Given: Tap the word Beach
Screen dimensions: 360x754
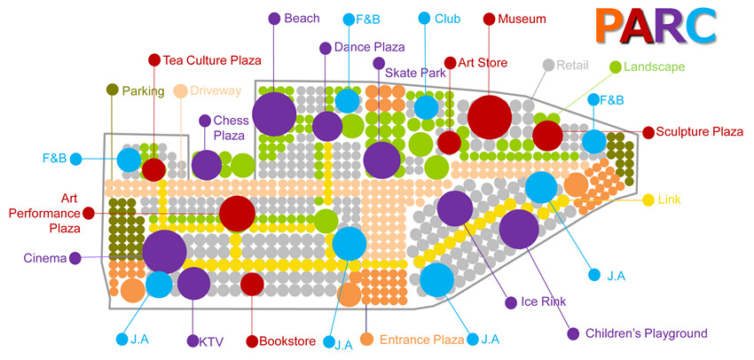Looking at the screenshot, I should click(302, 19).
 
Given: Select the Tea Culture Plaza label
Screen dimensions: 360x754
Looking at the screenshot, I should click(212, 60).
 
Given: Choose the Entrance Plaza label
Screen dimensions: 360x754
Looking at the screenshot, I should click(422, 340).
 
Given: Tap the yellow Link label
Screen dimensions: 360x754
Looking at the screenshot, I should click(670, 200).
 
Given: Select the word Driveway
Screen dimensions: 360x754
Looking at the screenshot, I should click(216, 90).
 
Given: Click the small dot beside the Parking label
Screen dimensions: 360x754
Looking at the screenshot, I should click(112, 90).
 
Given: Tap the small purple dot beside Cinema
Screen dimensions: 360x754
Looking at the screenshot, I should click(75, 259).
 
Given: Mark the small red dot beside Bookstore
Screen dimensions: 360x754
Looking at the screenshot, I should click(251, 340).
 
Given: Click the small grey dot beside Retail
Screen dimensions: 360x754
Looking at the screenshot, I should click(548, 65).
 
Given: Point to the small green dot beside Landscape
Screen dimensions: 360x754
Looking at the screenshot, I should click(615, 67).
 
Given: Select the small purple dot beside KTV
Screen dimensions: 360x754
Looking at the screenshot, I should click(192, 340).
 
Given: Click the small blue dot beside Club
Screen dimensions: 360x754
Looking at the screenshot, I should click(424, 19).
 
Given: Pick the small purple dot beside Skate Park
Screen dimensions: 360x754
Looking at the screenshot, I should click(379, 63).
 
